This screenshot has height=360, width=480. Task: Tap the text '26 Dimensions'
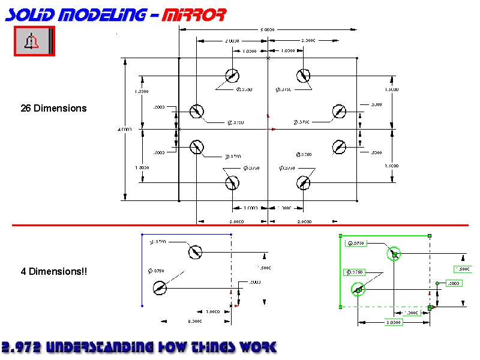(x=53, y=109)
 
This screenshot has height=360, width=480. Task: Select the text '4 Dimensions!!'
(x=53, y=272)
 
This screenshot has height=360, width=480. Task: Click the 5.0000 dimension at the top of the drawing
(x=267, y=29)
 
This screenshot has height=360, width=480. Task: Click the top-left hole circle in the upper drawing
(x=232, y=76)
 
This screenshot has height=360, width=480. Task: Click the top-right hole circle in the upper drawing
(x=303, y=76)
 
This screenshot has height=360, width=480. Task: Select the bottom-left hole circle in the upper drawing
(x=232, y=182)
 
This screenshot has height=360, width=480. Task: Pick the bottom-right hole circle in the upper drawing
(x=303, y=182)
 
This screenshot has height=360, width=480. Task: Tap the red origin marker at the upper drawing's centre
(x=269, y=128)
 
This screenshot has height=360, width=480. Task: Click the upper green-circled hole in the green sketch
(x=394, y=254)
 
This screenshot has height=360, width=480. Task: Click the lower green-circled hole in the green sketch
(x=358, y=290)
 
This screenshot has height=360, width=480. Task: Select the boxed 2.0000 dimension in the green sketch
(x=393, y=322)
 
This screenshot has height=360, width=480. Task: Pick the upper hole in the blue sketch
(x=195, y=252)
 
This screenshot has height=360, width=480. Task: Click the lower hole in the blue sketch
(x=159, y=289)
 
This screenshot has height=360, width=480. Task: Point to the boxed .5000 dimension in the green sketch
(x=453, y=283)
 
